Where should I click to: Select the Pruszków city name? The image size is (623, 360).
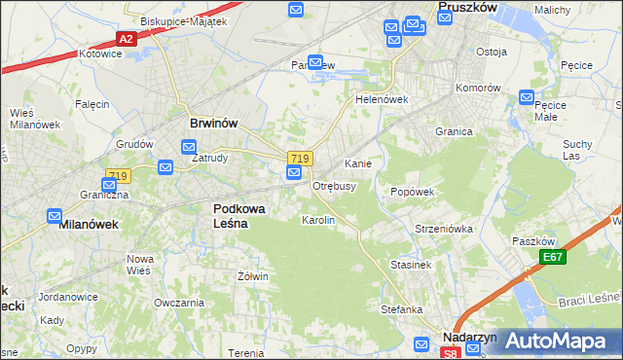point(468,7)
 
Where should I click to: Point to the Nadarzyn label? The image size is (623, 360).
point(470,336)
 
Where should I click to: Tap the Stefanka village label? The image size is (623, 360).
point(401,309)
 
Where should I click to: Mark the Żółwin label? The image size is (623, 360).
point(252,276)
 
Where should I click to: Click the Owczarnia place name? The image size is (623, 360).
point(178,303)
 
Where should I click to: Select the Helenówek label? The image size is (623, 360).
point(379,99)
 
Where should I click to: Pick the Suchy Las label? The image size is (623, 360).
point(577,150)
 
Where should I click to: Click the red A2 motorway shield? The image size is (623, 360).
point(126,39)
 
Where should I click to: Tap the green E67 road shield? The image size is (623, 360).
point(553,257)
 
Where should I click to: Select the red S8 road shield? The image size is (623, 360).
point(454,353)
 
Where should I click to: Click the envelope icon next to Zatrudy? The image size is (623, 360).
point(190,147)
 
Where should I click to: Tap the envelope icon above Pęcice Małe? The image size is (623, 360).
point(527,97)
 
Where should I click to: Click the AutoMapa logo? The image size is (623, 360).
point(560,340)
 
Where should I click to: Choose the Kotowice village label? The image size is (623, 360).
point(99,54)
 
